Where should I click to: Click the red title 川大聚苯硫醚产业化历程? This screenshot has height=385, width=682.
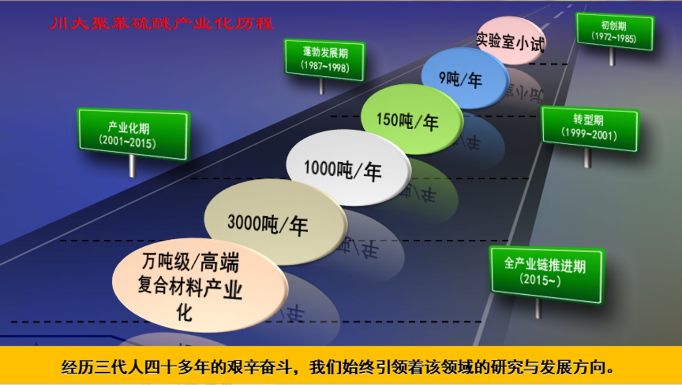[162, 23]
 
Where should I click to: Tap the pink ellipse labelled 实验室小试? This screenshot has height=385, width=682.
[511, 40]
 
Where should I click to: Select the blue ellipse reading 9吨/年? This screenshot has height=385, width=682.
[465, 78]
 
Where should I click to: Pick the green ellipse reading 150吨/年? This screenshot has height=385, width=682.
[412, 119]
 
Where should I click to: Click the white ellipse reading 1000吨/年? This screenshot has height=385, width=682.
[348, 167]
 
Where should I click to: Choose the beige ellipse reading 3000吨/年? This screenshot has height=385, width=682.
[276, 222]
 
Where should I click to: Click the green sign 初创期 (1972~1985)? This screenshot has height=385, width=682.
[615, 32]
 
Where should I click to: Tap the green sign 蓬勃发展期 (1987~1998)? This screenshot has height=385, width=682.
[325, 60]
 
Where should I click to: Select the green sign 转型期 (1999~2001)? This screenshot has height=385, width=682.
[590, 129]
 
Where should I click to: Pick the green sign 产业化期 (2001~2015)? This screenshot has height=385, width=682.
[133, 134]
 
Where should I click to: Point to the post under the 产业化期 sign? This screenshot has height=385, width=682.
[132, 166]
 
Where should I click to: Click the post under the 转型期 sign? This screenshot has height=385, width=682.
[588, 158]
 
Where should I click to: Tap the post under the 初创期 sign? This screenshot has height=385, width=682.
[612, 57]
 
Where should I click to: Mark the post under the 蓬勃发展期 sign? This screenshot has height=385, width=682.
[322, 87]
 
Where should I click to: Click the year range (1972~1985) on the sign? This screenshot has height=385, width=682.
[614, 37]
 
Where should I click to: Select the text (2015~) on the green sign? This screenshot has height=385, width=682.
[540, 280]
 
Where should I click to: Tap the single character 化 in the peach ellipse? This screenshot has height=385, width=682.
[184, 312]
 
